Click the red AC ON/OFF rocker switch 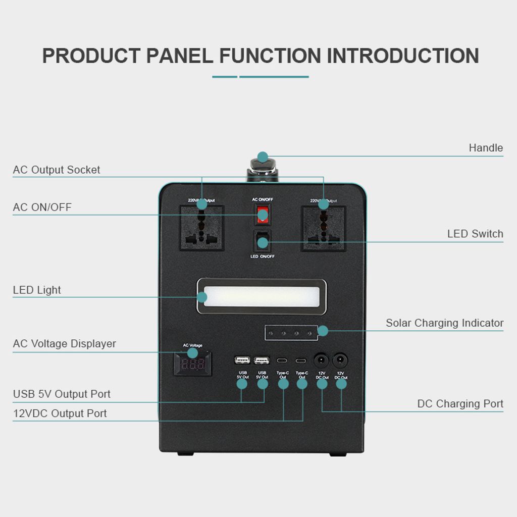(262, 214)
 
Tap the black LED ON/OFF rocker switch (262, 241)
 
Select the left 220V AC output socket (202, 228)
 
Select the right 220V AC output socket (324, 228)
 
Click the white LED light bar (262, 297)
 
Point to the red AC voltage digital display (193, 364)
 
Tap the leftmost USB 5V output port (242, 360)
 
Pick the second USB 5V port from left (262, 360)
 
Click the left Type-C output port (283, 360)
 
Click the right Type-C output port (301, 360)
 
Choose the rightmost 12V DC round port (341, 360)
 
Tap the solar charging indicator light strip (291, 333)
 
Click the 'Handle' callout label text (486, 148)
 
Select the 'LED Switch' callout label (475, 234)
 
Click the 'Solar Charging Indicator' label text (444, 323)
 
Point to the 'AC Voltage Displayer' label (65, 343)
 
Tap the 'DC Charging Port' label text (460, 403)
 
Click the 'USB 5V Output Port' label (62, 394)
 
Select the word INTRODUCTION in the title (403, 56)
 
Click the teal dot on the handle (263, 157)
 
